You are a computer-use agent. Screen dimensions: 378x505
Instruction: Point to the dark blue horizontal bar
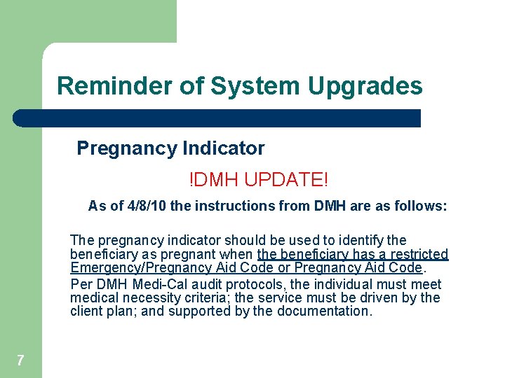pyautogui.click(x=217, y=118)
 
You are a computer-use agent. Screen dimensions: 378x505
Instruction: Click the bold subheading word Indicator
pyautogui.click(x=224, y=148)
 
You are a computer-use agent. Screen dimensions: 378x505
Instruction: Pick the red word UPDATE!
pyautogui.click(x=288, y=179)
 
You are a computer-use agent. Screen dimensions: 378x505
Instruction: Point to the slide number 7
pyautogui.click(x=20, y=360)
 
